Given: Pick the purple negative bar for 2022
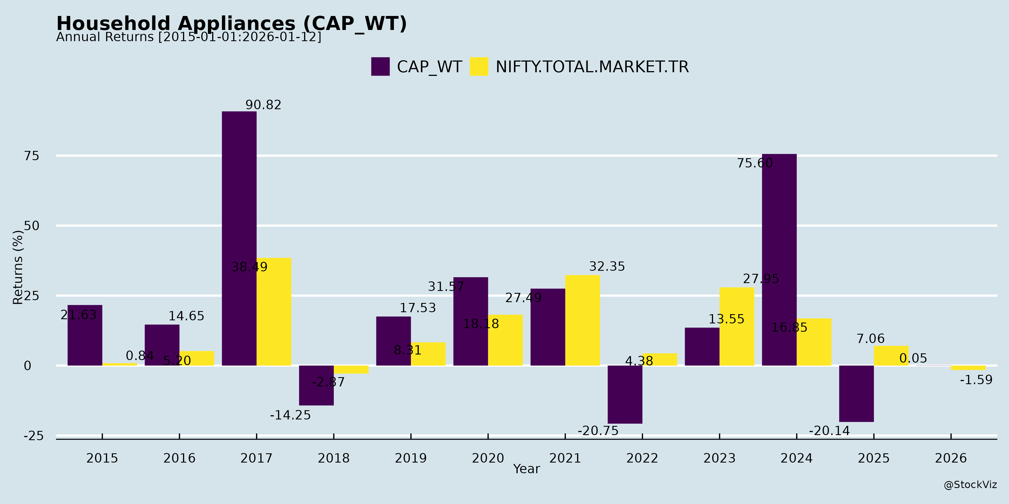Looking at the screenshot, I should (625, 395).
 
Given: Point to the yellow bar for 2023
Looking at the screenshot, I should (737, 326).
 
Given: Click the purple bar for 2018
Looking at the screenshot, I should (316, 386).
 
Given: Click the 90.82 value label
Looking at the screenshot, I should (263, 105).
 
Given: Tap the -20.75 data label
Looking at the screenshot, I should (598, 431).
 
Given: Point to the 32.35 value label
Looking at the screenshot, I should (607, 267).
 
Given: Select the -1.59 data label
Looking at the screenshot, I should (976, 380).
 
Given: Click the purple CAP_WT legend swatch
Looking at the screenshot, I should (380, 67).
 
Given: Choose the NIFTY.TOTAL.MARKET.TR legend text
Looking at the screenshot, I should (592, 67).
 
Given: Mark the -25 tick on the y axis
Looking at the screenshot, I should (33, 436).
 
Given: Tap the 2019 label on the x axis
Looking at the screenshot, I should (411, 458).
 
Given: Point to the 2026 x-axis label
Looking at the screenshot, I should (951, 458).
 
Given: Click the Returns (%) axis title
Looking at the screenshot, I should (18, 267).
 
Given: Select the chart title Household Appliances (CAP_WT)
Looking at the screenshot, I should (232, 24).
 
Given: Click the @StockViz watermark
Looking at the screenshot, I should (970, 485).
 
